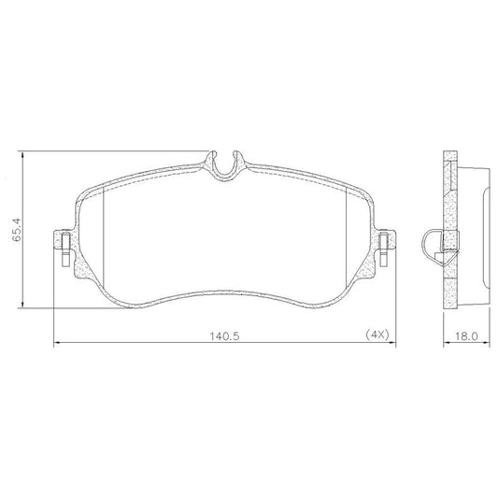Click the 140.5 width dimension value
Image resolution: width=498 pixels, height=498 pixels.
(x=224, y=335)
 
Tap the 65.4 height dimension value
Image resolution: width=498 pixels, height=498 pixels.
(x=17, y=229)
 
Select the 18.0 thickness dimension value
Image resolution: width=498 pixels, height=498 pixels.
(x=466, y=336)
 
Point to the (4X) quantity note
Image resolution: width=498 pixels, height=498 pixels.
(x=377, y=334)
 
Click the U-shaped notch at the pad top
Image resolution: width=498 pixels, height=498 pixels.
(x=225, y=173)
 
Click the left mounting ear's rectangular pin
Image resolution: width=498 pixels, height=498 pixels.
(x=65, y=249)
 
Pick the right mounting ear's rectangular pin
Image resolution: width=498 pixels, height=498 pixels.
(x=384, y=249)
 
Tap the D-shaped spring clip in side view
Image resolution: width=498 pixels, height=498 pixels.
(x=423, y=245)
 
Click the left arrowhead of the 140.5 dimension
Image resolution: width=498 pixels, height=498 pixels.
(x=57, y=343)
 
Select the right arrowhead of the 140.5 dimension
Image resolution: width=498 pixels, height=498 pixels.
(x=392, y=343)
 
